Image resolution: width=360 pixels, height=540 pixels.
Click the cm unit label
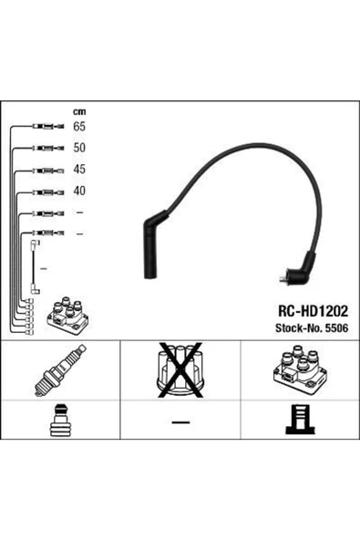click(79, 111)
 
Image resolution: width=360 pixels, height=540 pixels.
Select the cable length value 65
click(79, 127)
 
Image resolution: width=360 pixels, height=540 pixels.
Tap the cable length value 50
click(79, 148)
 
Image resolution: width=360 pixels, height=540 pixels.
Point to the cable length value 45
click(79, 169)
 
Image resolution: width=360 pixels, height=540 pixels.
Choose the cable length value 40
click(79, 191)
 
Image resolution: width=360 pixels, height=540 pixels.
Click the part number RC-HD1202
click(313, 311)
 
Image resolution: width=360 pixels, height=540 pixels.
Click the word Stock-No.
click(299, 327)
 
